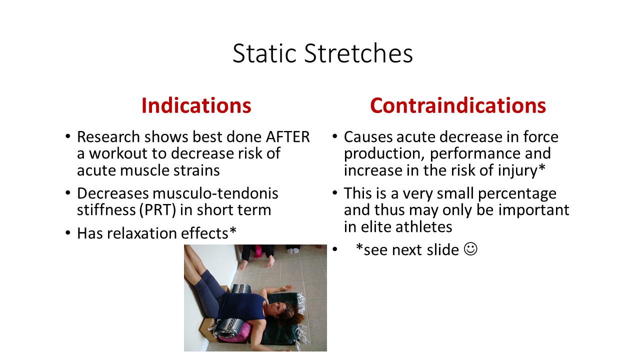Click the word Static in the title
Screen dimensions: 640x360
tap(264, 53)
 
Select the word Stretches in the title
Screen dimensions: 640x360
tap(358, 53)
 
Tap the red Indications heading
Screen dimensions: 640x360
tap(196, 105)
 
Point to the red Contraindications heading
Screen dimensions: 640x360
tap(458, 105)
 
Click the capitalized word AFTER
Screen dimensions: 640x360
tap(287, 137)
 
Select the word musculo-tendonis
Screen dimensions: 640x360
tap(215, 193)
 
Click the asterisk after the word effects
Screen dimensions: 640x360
tap(233, 230)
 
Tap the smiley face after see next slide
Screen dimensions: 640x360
tap(470, 249)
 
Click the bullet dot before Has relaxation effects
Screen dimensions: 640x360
tap(67, 233)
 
